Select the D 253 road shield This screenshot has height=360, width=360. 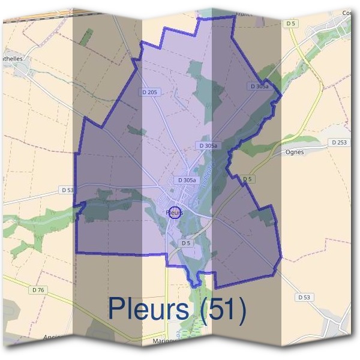[338, 142]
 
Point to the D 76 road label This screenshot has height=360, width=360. [38, 290]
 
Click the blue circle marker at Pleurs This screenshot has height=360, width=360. [174, 212]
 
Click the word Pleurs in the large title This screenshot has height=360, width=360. [149, 309]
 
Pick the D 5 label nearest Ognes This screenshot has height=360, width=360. [247, 179]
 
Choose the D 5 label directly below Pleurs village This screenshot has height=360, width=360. [185, 243]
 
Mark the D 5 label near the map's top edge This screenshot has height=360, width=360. [291, 23]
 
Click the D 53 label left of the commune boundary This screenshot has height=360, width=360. [67, 190]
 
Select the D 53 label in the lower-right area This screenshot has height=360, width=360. [303, 297]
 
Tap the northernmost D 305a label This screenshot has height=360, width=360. [259, 86]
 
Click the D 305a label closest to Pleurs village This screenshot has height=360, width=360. [185, 180]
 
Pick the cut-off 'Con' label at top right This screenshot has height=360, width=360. [348, 13]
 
